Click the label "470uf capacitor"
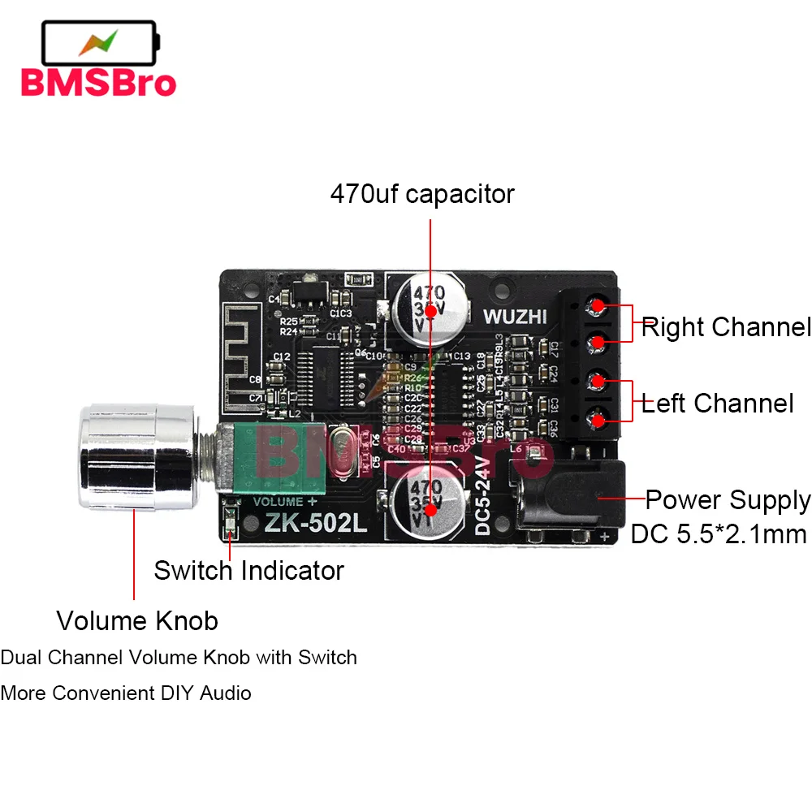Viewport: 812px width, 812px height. coord(422,195)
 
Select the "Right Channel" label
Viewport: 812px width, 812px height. coord(726,327)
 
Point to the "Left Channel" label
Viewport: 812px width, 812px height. coord(718,404)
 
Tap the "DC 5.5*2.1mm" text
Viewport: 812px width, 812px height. coord(719,533)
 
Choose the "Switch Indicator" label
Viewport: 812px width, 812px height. coord(248,570)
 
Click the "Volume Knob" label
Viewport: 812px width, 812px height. coord(137,621)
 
